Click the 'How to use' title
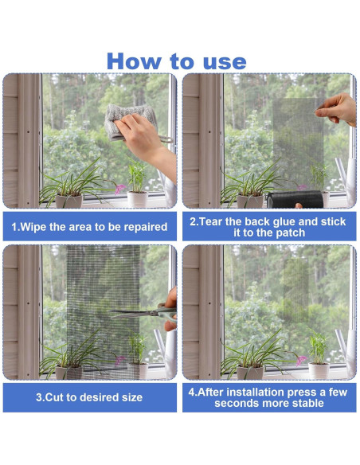(x=177, y=61)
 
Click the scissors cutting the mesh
(x=144, y=313)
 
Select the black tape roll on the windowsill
(x=295, y=199)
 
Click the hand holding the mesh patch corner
(x=337, y=109)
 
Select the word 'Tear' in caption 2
(x=211, y=222)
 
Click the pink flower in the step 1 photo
(x=120, y=189)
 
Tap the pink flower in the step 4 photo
(x=301, y=360)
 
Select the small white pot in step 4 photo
(x=319, y=371)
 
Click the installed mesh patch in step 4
(x=296, y=290)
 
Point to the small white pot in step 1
(x=137, y=199)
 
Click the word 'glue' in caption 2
(x=281, y=222)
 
